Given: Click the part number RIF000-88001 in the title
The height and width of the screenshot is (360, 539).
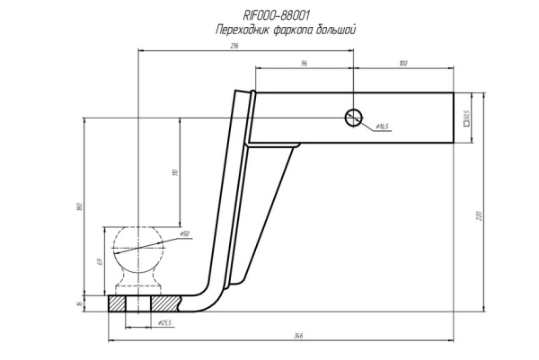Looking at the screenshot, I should click(x=277, y=15).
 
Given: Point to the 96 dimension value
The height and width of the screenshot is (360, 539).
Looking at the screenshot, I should click(x=304, y=63).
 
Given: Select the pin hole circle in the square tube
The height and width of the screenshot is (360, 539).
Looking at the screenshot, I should click(x=353, y=117).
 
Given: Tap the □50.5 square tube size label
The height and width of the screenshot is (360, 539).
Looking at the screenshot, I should click(x=467, y=118).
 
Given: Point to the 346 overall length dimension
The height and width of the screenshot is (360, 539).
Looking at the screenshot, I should click(x=297, y=336).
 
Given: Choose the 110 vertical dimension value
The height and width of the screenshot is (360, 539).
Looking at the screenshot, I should click(x=176, y=171).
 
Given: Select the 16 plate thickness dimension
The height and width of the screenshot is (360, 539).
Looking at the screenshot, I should click(x=81, y=303).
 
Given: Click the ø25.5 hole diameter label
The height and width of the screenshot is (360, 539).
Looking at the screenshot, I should click(x=164, y=321).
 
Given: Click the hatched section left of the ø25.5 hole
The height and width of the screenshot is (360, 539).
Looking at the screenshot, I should click(x=116, y=303).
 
